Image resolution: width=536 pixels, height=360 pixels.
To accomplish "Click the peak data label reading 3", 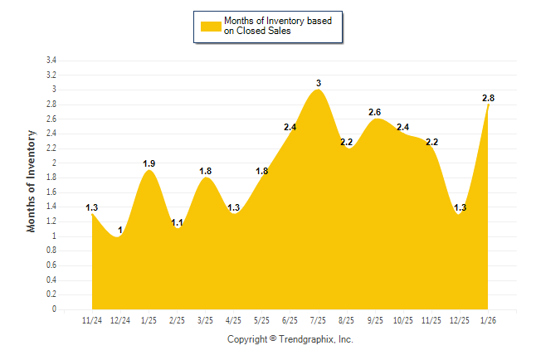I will pos(319,83).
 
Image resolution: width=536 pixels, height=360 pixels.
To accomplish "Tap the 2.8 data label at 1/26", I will pos(489,98).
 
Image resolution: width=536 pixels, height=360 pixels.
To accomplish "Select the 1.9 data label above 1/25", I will pos(149,163).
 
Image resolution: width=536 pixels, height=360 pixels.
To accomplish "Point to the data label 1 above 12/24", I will pos(120,230).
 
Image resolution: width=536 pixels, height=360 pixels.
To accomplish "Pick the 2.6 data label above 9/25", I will pos(375,112).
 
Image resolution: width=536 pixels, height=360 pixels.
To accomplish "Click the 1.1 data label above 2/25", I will pos(177,222).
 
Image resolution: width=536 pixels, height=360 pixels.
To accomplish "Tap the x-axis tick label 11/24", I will pos(92,320).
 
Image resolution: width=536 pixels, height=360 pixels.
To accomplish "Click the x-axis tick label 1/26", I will pos(489,320).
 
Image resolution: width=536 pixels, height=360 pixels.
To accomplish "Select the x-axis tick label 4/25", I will pos(233,320).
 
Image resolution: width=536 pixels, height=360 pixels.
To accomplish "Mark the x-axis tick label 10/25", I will pos(403,320).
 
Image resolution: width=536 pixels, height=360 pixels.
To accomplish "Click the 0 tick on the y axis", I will pos(54,309).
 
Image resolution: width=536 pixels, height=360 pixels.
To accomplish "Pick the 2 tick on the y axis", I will pos(54,163).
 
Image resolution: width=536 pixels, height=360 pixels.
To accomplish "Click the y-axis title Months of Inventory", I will pos(32,180).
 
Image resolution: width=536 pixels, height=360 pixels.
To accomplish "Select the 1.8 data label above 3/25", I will pos(206,171).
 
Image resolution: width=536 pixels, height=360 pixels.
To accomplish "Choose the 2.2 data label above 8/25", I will pos(347,142).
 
